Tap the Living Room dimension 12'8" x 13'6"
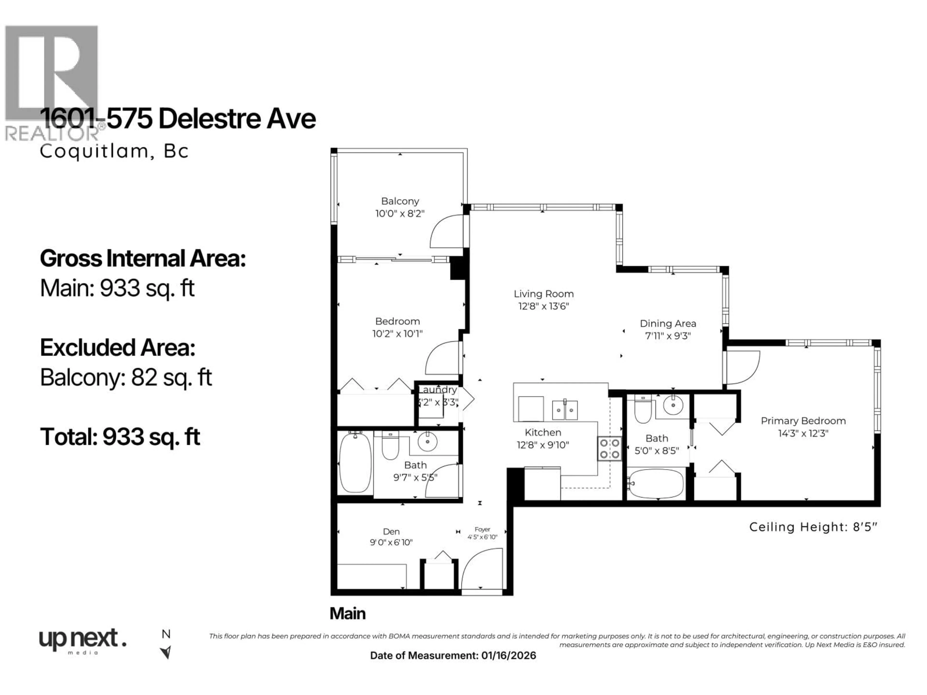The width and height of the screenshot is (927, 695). click(x=544, y=306)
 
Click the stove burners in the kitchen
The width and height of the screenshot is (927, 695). click(x=609, y=449)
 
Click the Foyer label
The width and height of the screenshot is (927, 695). click(x=482, y=529)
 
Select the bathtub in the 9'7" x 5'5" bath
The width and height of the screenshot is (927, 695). click(x=355, y=463)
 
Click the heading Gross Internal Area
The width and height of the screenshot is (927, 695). click(x=142, y=258)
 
